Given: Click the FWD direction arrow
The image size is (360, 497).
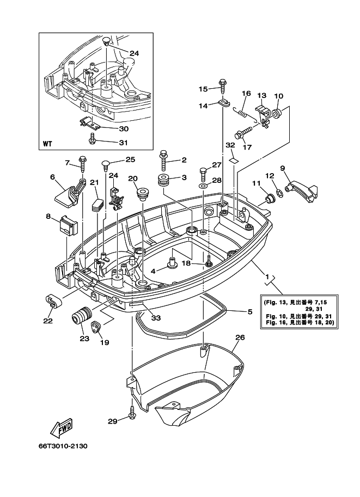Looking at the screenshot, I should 62,428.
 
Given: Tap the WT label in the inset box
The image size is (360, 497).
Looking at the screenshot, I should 48,145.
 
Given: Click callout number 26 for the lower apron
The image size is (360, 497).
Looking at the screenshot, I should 240,338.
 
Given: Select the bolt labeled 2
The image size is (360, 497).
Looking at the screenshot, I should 163,161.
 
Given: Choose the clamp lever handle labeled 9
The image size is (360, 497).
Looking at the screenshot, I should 301,191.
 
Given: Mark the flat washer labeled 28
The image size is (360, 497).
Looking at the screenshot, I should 203,186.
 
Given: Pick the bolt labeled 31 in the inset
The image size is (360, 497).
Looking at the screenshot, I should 94,142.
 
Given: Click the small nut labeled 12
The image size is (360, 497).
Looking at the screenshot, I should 277,191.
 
